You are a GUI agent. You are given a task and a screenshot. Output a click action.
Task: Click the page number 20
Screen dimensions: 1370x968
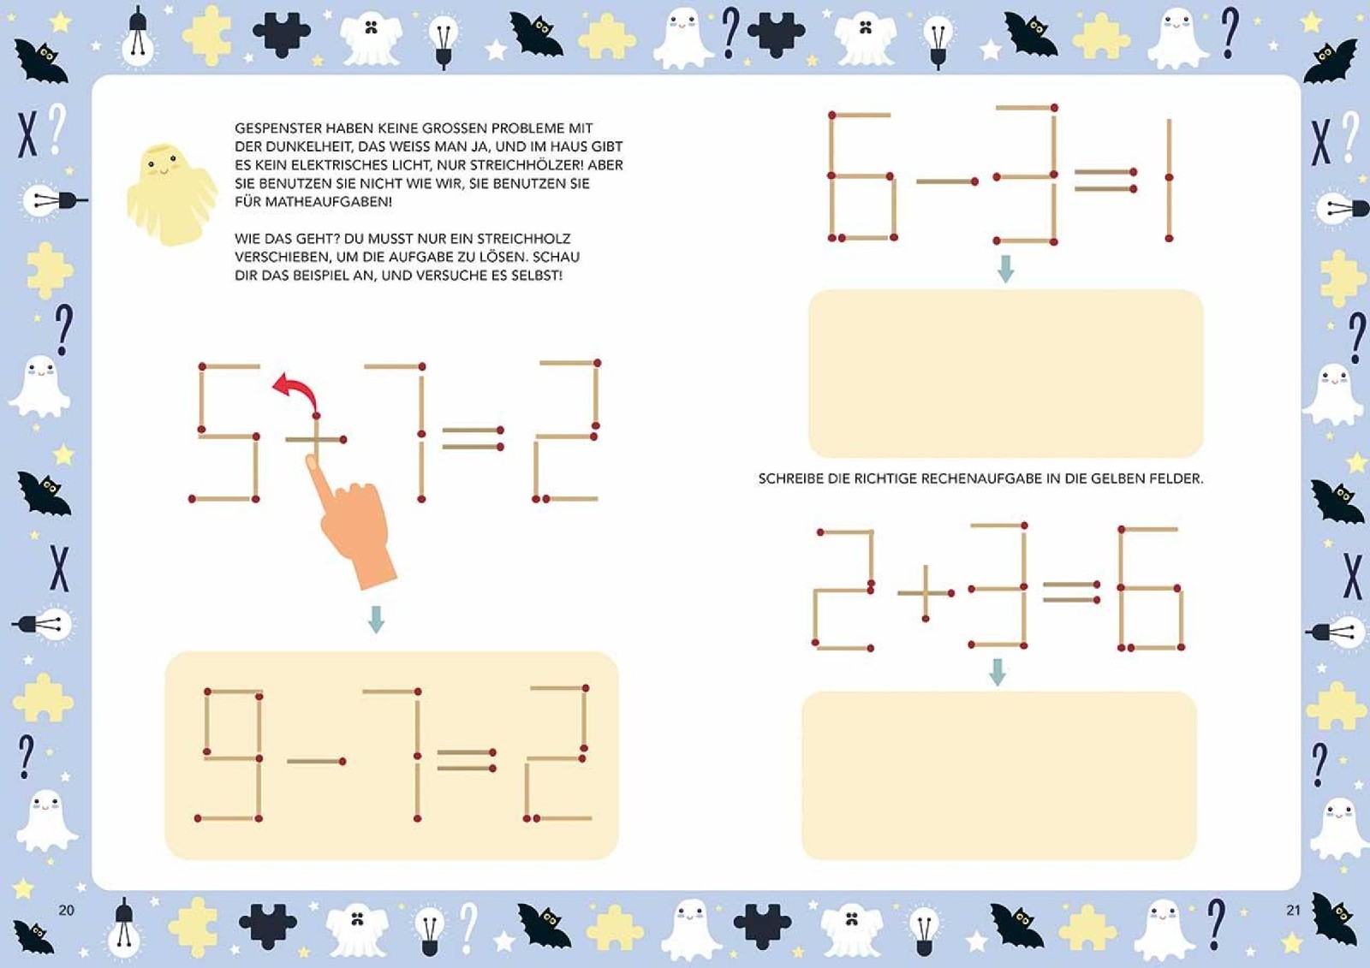click(66, 910)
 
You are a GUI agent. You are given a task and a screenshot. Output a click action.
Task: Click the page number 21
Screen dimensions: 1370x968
click(1293, 910)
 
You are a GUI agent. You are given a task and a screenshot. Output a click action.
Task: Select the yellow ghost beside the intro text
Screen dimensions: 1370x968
click(171, 194)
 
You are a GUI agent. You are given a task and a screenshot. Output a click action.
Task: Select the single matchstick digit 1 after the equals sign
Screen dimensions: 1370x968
click(1169, 179)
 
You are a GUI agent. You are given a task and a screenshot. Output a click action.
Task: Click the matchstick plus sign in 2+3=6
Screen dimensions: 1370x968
click(926, 592)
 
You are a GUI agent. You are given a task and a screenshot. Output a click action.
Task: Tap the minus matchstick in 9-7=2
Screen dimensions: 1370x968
click(316, 762)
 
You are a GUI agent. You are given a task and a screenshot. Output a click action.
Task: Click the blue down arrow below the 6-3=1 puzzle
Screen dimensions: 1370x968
click(1005, 269)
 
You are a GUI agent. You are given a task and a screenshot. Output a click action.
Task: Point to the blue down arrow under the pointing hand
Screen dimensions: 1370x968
click(376, 620)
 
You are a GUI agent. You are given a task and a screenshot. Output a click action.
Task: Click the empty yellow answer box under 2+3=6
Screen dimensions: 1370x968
click(998, 775)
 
